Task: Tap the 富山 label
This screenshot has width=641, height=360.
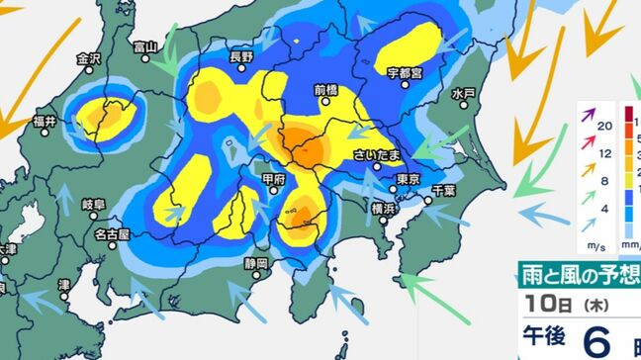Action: tap(147, 45)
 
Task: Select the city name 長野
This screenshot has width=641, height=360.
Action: tap(242, 57)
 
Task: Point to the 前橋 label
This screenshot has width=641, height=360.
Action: tap(326, 89)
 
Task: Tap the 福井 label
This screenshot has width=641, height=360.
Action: tap(43, 122)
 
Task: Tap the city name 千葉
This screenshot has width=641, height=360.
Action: tap(444, 190)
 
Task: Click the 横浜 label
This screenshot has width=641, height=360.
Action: tap(385, 209)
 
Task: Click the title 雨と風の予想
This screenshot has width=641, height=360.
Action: tap(583, 274)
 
